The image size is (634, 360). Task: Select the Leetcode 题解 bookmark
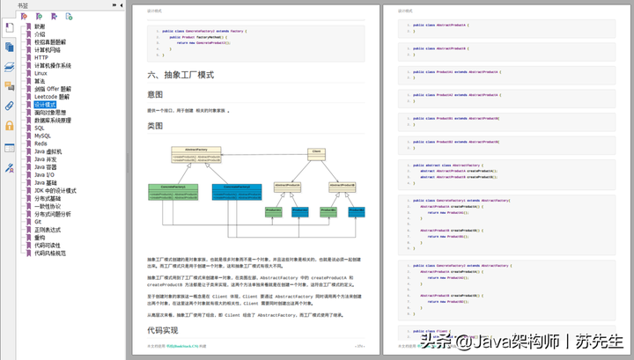tap(52, 97)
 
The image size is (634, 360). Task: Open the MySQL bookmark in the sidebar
tap(42, 136)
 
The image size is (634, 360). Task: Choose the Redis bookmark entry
tap(41, 143)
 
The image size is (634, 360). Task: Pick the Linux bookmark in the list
tap(41, 73)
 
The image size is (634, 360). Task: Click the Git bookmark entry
tap(38, 221)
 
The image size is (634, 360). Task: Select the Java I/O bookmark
tap(44, 175)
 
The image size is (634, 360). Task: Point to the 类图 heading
tap(155, 126)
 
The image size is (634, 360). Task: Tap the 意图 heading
tap(155, 94)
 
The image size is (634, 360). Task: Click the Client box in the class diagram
tap(315, 152)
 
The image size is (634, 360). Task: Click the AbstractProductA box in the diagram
tap(289, 186)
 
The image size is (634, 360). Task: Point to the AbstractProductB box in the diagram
tap(342, 186)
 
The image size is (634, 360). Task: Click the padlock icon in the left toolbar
tap(10, 125)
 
